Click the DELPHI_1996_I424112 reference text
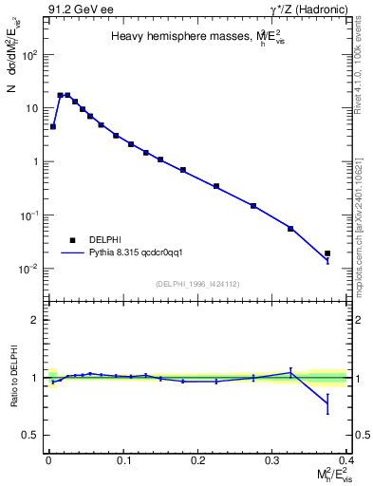196,283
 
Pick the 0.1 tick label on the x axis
122,459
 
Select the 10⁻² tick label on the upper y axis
28,269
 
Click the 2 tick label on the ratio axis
36,320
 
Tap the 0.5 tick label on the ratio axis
31,435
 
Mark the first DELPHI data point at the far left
53,126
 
